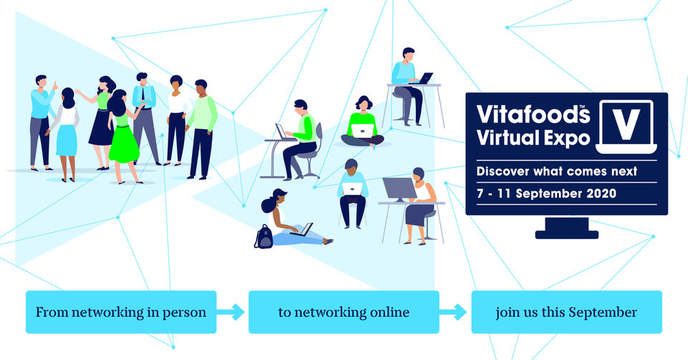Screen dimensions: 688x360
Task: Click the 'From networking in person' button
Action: tap(121, 312)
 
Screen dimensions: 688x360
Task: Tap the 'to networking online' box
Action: tap(343, 312)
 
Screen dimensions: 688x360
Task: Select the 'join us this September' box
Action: tap(566, 312)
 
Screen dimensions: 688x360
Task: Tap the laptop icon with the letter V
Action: tap(626, 127)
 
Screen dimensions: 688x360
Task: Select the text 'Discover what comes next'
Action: tap(557, 171)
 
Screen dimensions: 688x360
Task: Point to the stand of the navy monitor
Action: tap(566, 228)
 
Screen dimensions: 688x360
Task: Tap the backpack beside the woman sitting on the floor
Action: tap(264, 237)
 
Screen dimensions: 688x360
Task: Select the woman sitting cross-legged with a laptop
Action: tap(363, 122)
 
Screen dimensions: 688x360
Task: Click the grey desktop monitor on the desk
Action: tap(399, 189)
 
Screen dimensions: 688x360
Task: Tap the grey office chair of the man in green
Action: tap(312, 151)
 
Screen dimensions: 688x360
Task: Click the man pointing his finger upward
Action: tap(42, 123)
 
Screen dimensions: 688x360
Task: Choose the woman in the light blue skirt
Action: tap(65, 134)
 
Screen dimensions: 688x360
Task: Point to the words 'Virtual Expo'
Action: tap(533, 138)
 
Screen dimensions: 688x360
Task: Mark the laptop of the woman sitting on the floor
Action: tap(302, 229)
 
